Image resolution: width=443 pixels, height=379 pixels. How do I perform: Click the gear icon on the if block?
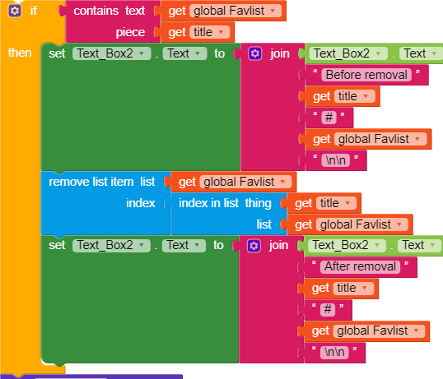[x=14, y=11]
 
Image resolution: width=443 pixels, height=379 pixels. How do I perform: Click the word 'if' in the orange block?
[x=34, y=11]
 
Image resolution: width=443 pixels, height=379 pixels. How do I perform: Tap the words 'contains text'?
[x=109, y=11]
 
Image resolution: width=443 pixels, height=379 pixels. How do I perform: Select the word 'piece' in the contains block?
[x=130, y=32]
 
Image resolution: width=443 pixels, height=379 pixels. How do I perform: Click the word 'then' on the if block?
[x=20, y=53]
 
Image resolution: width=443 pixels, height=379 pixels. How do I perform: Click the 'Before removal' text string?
[x=366, y=75]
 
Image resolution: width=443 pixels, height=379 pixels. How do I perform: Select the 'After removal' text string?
[x=360, y=266]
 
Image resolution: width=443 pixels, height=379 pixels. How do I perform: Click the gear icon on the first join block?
[x=255, y=53]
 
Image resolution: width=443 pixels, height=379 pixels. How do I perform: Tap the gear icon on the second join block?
[x=254, y=246]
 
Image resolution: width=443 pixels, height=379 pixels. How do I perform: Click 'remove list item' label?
[x=91, y=182]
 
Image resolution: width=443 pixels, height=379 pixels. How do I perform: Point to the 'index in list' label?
[x=209, y=203]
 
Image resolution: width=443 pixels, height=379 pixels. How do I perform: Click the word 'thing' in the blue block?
[x=259, y=203]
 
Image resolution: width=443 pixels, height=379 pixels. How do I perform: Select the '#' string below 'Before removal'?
[x=329, y=118]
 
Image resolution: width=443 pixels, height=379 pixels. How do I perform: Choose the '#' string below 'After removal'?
[x=328, y=309]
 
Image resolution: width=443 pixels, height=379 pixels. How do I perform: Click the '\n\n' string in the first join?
[x=336, y=160]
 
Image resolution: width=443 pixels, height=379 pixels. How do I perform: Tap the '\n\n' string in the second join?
[x=334, y=352]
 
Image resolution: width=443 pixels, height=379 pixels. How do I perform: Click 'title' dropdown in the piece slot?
[x=209, y=32]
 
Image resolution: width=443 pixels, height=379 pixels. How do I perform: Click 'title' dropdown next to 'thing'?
[x=336, y=203]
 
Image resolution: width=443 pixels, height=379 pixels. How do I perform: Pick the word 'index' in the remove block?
[x=141, y=203]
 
